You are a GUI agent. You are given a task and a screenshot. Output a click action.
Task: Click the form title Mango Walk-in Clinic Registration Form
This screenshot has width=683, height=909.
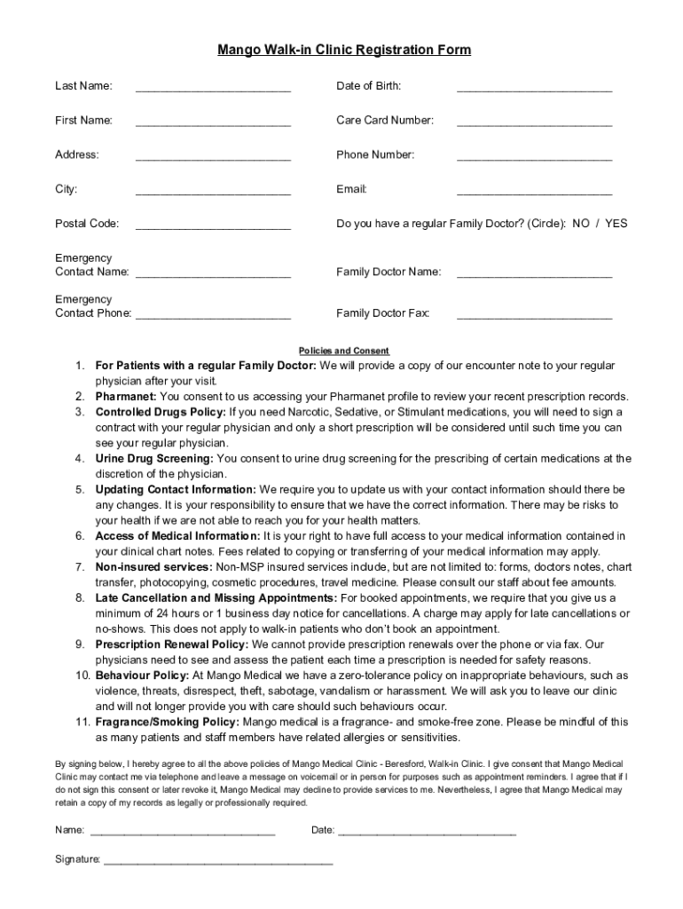tap(344, 51)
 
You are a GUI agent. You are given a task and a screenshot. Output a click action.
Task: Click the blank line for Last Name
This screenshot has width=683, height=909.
tap(213, 89)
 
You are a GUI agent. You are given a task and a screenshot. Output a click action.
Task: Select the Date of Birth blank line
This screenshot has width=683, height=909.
tap(534, 89)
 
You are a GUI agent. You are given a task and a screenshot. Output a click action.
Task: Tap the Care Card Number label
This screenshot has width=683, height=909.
tap(384, 120)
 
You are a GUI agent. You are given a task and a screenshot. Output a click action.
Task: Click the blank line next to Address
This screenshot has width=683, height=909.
tap(213, 158)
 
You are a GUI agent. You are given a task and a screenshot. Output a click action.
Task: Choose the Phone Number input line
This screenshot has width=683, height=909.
tap(534, 158)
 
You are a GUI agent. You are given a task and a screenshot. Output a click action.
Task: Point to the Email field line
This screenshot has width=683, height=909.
tap(534, 193)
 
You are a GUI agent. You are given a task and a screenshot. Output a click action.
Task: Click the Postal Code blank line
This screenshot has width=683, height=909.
tap(213, 227)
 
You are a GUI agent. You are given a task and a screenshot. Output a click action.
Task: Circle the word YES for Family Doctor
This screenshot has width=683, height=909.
tap(616, 224)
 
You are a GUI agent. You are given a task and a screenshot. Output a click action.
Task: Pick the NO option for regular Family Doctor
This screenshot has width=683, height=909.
tap(581, 224)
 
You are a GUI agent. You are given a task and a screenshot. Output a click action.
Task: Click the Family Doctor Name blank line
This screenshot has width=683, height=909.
tap(534, 275)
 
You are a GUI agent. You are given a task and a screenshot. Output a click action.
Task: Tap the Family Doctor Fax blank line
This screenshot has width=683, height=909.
tap(534, 317)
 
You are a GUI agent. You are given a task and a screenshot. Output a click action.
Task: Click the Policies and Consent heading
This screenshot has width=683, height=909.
tap(343, 351)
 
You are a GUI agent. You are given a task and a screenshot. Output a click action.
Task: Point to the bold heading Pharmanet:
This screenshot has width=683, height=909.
tap(126, 397)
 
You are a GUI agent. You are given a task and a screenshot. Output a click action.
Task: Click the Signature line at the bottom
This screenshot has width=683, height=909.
tap(218, 862)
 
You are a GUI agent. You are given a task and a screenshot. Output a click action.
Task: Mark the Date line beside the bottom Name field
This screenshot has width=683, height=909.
tap(427, 834)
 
